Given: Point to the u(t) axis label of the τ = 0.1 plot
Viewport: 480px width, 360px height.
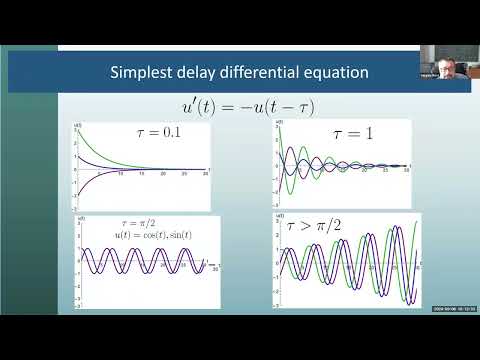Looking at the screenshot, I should (79, 122).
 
